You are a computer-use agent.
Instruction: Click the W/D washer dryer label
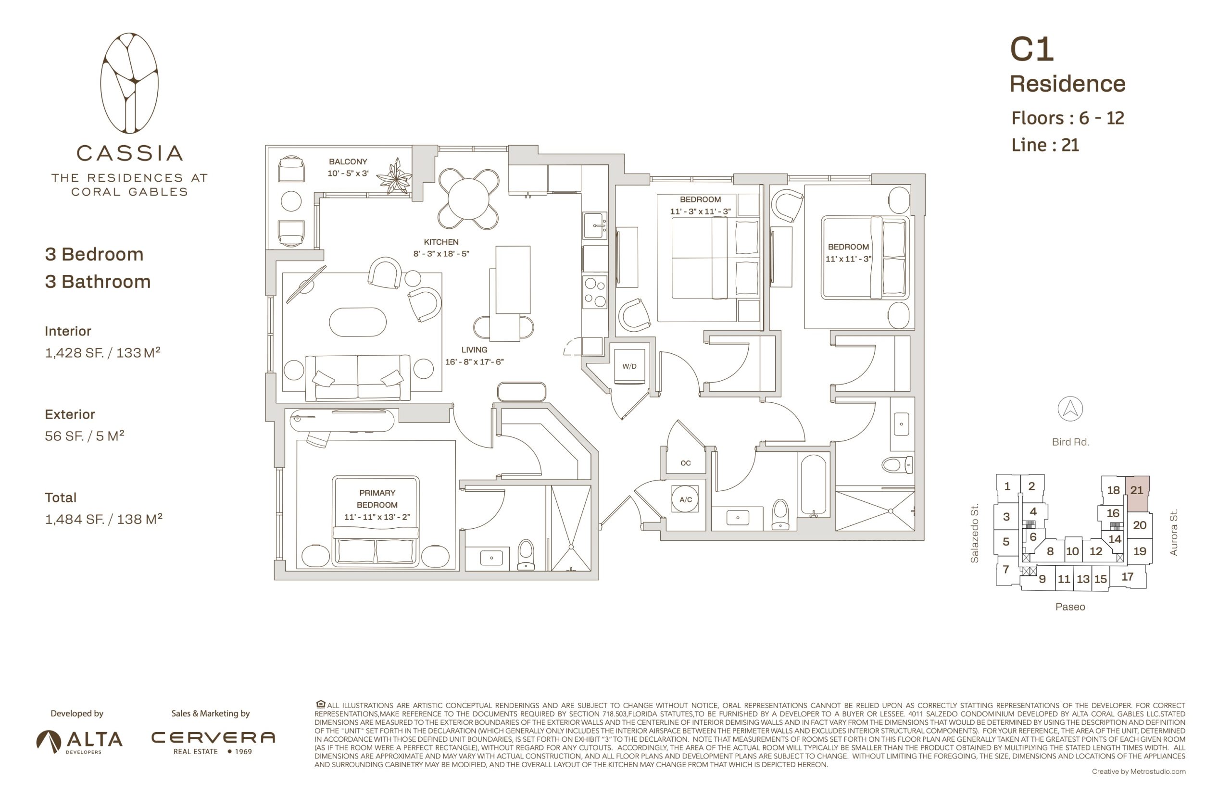click(628, 366)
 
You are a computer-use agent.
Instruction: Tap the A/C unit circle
click(685, 499)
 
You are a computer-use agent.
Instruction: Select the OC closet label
click(685, 463)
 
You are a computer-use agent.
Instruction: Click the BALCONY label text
click(348, 162)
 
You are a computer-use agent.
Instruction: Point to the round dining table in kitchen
click(468, 199)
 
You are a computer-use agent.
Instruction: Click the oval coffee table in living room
click(357, 322)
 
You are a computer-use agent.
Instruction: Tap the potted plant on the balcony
click(396, 177)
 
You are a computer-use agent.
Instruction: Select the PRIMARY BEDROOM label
click(377, 499)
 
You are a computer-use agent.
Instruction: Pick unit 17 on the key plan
click(1127, 576)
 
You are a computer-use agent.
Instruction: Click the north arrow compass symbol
click(1070, 409)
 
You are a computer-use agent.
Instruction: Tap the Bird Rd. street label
click(1070, 442)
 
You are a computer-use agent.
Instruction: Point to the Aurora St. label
click(1174, 533)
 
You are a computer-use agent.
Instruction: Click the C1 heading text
click(1031, 49)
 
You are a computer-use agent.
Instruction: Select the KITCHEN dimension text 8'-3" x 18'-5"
click(441, 254)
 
